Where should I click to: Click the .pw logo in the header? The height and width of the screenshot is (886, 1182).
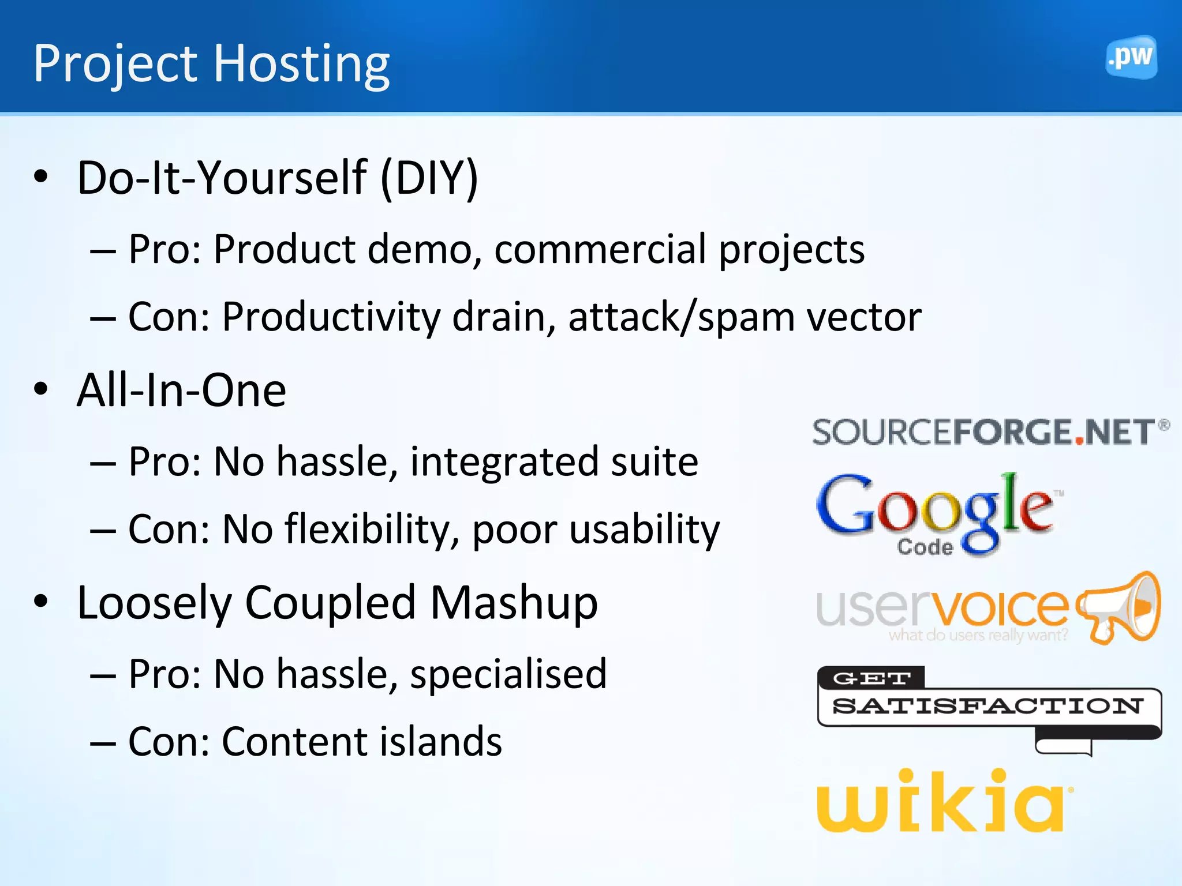click(1131, 57)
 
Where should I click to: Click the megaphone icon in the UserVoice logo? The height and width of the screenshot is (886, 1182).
click(1120, 607)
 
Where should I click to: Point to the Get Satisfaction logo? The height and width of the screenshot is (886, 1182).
click(988, 707)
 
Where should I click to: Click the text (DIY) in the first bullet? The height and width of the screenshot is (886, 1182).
click(429, 178)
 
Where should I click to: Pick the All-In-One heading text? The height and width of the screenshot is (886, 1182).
click(181, 391)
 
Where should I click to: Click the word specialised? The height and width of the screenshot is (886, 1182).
click(508, 674)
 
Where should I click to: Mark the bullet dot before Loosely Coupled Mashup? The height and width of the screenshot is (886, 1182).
click(41, 601)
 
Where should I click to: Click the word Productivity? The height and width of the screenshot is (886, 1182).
click(331, 318)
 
